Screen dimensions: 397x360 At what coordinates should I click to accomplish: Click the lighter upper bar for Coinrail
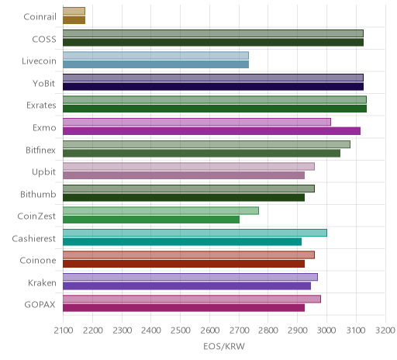click(74, 11)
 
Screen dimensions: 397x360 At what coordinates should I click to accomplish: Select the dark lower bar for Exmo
click(212, 131)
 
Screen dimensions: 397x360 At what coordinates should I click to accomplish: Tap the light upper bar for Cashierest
click(195, 233)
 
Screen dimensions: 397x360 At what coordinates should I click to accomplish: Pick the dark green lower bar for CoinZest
click(151, 220)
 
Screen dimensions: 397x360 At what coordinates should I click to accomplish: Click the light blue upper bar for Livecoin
click(156, 55)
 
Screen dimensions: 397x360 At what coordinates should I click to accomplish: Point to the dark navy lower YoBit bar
click(213, 86)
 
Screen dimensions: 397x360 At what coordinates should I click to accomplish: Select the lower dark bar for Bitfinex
click(202, 153)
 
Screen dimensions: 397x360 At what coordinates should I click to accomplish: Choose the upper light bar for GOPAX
click(192, 299)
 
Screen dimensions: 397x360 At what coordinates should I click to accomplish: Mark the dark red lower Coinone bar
click(184, 264)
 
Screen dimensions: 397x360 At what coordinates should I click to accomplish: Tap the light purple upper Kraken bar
click(190, 277)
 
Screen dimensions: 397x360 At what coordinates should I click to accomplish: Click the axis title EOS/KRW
click(224, 346)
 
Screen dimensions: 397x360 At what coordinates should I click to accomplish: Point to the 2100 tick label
click(64, 331)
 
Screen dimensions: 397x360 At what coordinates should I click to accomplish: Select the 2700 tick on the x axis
click(240, 331)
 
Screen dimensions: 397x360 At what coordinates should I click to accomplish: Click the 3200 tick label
click(385, 331)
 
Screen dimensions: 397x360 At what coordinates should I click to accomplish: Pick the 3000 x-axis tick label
click(327, 331)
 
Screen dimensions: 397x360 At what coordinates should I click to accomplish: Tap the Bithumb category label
click(38, 194)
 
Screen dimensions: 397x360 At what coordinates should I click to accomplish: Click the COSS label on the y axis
click(44, 40)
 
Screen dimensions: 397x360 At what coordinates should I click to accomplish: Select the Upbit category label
click(43, 172)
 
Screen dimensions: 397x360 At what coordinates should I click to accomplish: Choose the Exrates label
click(41, 106)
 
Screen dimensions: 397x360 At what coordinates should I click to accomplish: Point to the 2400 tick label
click(151, 331)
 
